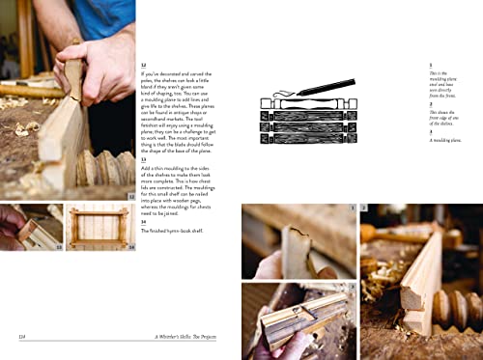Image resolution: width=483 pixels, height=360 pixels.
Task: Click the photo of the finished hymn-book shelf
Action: [99, 229]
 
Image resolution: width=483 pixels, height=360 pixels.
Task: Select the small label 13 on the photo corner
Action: [58, 246]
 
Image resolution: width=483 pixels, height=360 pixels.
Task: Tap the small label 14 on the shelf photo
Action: [131, 246]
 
